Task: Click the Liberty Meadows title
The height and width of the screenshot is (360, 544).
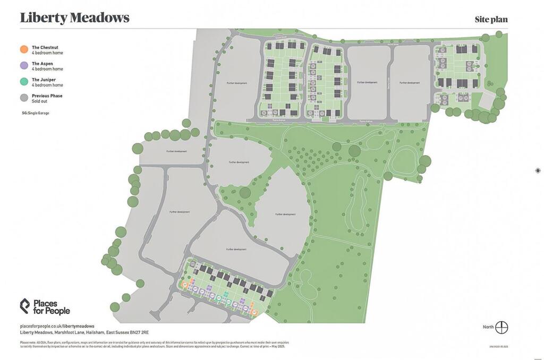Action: (74, 18)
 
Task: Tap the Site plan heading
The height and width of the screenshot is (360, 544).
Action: (491, 20)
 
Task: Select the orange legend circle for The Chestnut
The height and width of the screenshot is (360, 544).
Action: (23, 49)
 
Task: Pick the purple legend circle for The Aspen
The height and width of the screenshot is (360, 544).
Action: (23, 65)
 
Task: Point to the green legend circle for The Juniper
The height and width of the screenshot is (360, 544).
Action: (23, 81)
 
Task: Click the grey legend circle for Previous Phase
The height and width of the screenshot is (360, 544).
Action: (23, 97)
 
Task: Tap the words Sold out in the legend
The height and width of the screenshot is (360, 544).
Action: (39, 100)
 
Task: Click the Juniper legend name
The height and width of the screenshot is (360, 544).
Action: (44, 80)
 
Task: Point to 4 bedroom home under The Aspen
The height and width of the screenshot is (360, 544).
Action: (47, 69)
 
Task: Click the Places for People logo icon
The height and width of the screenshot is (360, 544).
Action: (25, 306)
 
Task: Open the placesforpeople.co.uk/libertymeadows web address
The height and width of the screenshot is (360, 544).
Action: (57, 326)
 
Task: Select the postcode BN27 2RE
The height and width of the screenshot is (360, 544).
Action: (139, 332)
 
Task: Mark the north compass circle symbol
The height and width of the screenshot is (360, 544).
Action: (501, 327)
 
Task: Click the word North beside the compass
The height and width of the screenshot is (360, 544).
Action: (488, 327)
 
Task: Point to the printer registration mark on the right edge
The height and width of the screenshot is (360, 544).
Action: (538, 170)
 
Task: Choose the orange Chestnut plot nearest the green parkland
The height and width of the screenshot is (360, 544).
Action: (254, 311)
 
